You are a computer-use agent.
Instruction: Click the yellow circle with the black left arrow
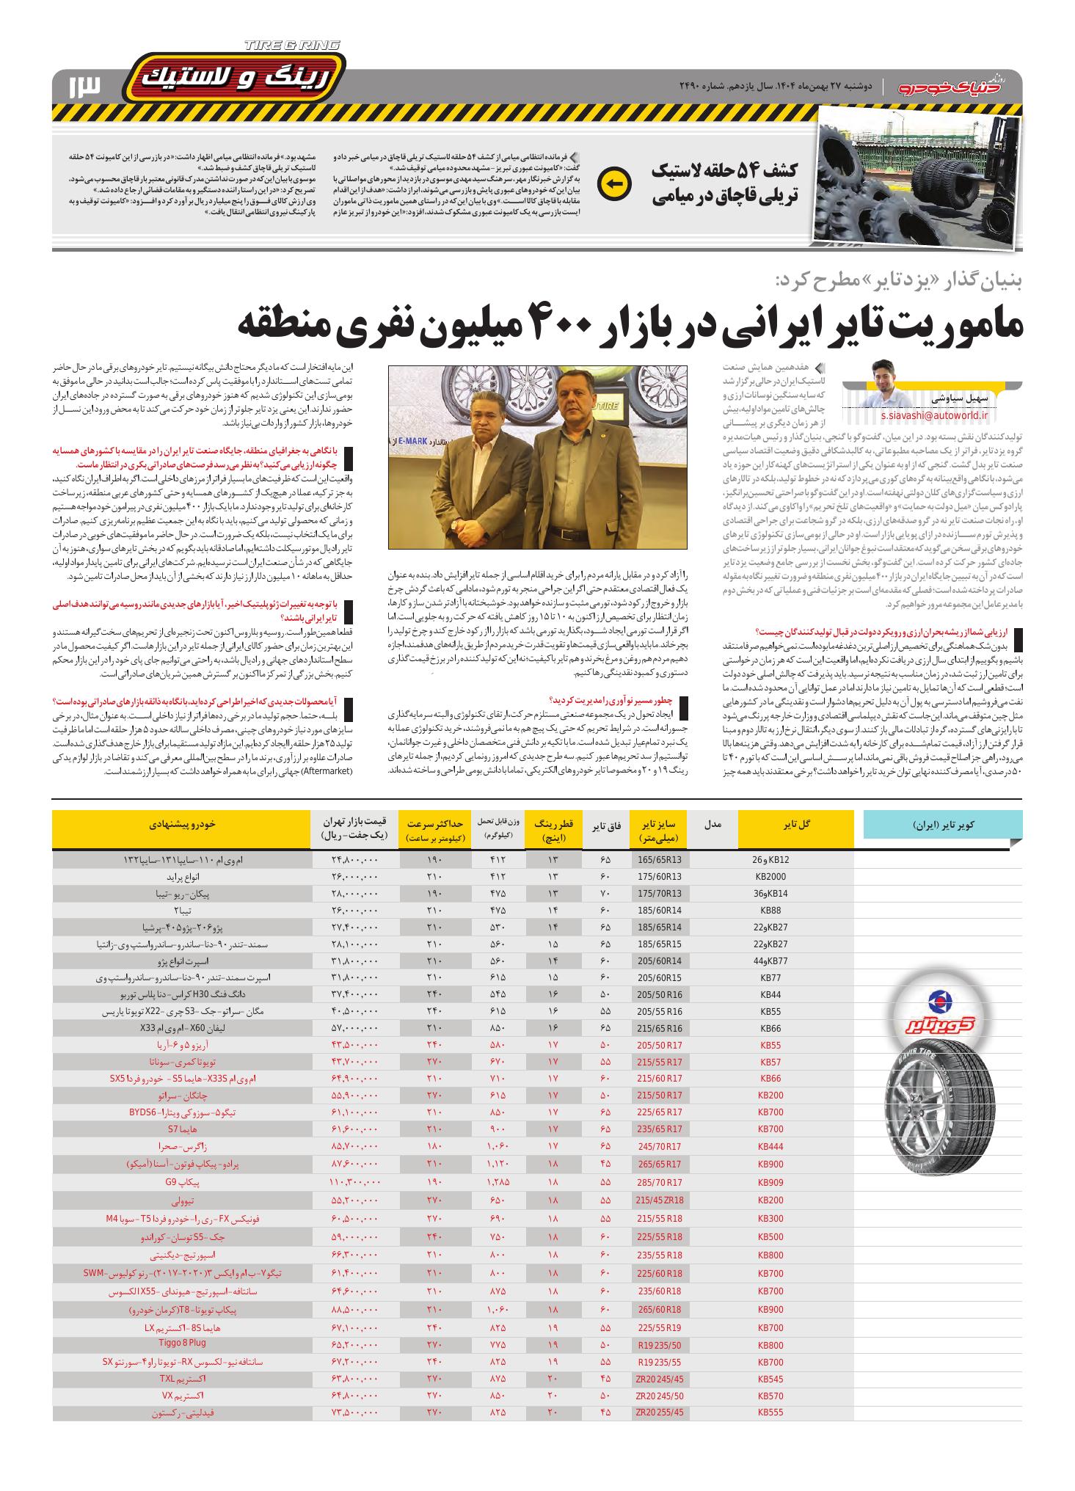613,184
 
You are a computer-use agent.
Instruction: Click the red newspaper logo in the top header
958,86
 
